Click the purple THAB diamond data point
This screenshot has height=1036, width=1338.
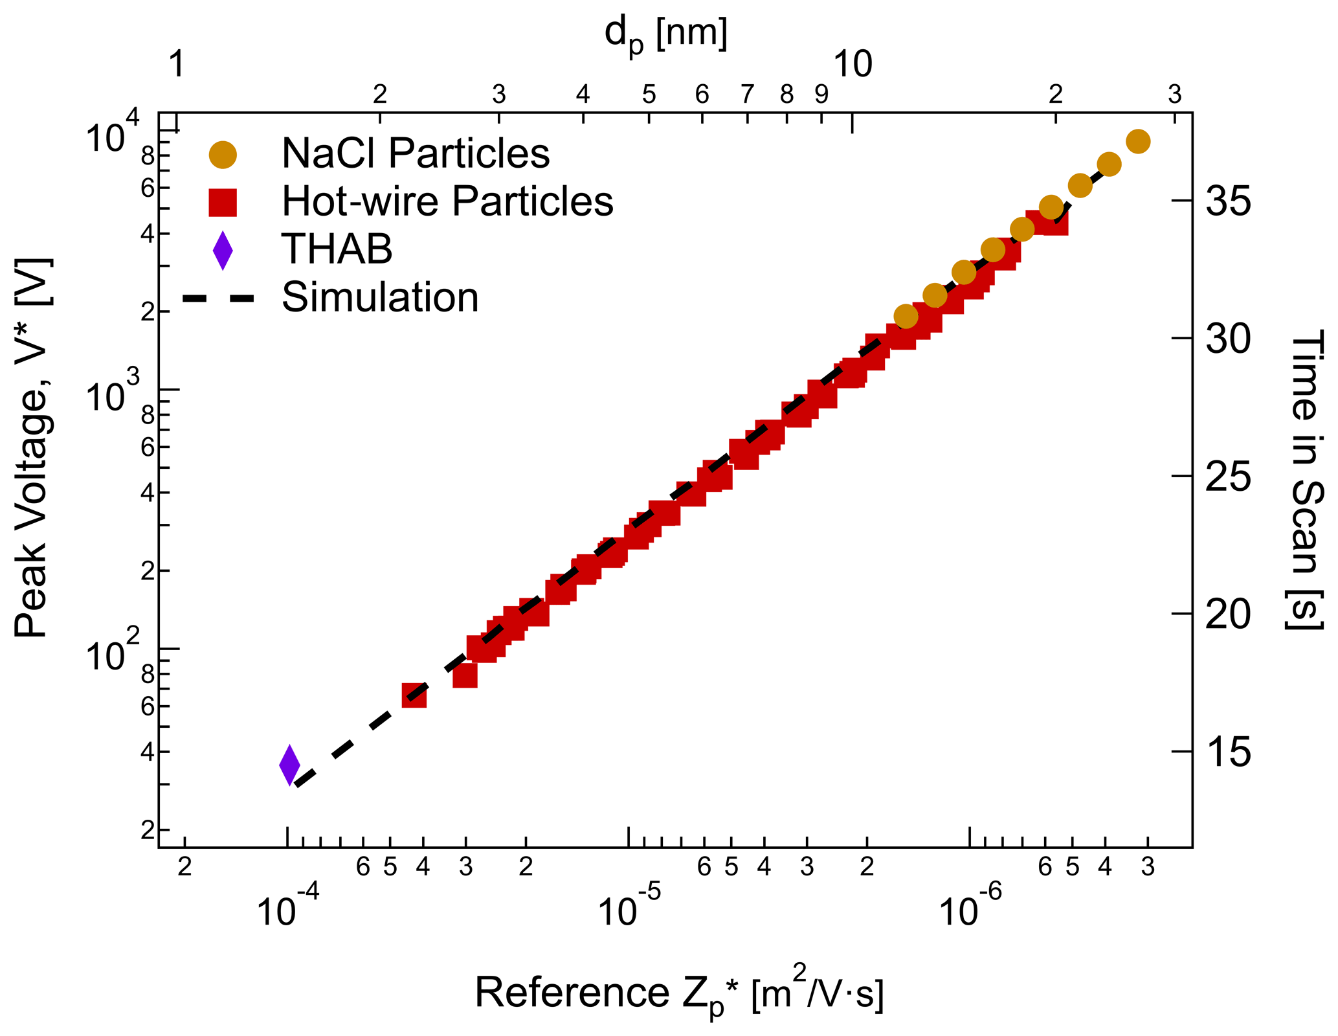(x=289, y=765)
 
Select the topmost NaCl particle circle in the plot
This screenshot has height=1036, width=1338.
(x=1138, y=141)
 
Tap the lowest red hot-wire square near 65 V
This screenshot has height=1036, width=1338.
(x=414, y=695)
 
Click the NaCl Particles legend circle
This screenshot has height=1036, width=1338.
(x=223, y=154)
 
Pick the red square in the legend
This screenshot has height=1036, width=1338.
(x=223, y=202)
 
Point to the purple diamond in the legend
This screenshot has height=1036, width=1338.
(x=223, y=250)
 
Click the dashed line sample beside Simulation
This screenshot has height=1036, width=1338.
(x=219, y=298)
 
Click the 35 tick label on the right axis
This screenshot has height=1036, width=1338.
(x=1228, y=201)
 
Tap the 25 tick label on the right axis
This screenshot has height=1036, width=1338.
(x=1228, y=477)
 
